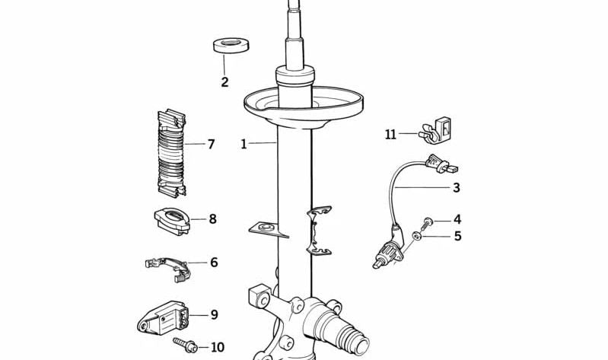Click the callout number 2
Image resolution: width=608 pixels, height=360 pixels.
click(x=224, y=82)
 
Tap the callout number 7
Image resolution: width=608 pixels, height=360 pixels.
click(x=211, y=143)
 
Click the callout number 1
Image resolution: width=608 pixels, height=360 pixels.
click(x=244, y=143)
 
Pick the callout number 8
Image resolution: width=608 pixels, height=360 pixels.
click(x=212, y=219)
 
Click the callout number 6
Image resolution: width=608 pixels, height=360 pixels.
click(x=214, y=263)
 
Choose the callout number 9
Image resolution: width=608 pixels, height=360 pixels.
click(x=214, y=314)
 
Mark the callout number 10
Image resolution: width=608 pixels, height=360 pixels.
click(x=217, y=347)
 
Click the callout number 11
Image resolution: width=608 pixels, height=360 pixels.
click(x=390, y=135)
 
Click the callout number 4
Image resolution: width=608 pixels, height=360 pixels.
click(x=457, y=219)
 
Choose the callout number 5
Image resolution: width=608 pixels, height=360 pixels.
click(x=457, y=236)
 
